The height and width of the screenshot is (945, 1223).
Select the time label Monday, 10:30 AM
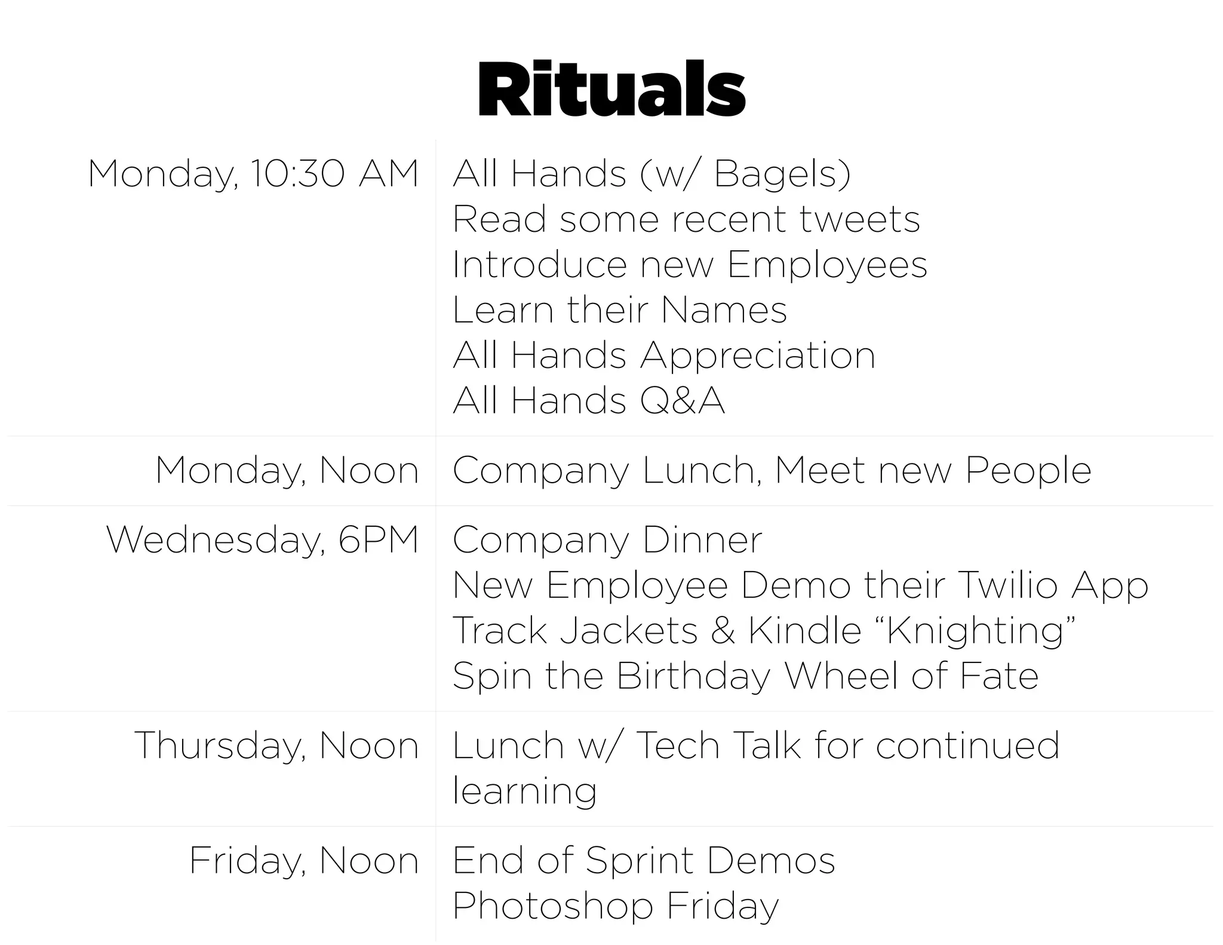[253, 174]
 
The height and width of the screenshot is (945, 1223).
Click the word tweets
[859, 219]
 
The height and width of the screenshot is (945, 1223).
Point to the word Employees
[827, 265]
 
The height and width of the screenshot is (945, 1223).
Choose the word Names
[724, 310]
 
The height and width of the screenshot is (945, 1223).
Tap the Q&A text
[682, 401]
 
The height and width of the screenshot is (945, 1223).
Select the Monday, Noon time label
[287, 471]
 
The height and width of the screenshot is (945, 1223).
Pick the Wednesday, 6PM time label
[262, 540]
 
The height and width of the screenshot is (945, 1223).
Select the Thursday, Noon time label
[276, 746]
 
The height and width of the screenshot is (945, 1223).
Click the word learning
[524, 791]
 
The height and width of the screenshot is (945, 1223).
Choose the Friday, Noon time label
[303, 861]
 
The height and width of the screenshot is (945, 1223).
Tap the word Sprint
[640, 861]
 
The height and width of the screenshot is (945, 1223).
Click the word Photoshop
[552, 907]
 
